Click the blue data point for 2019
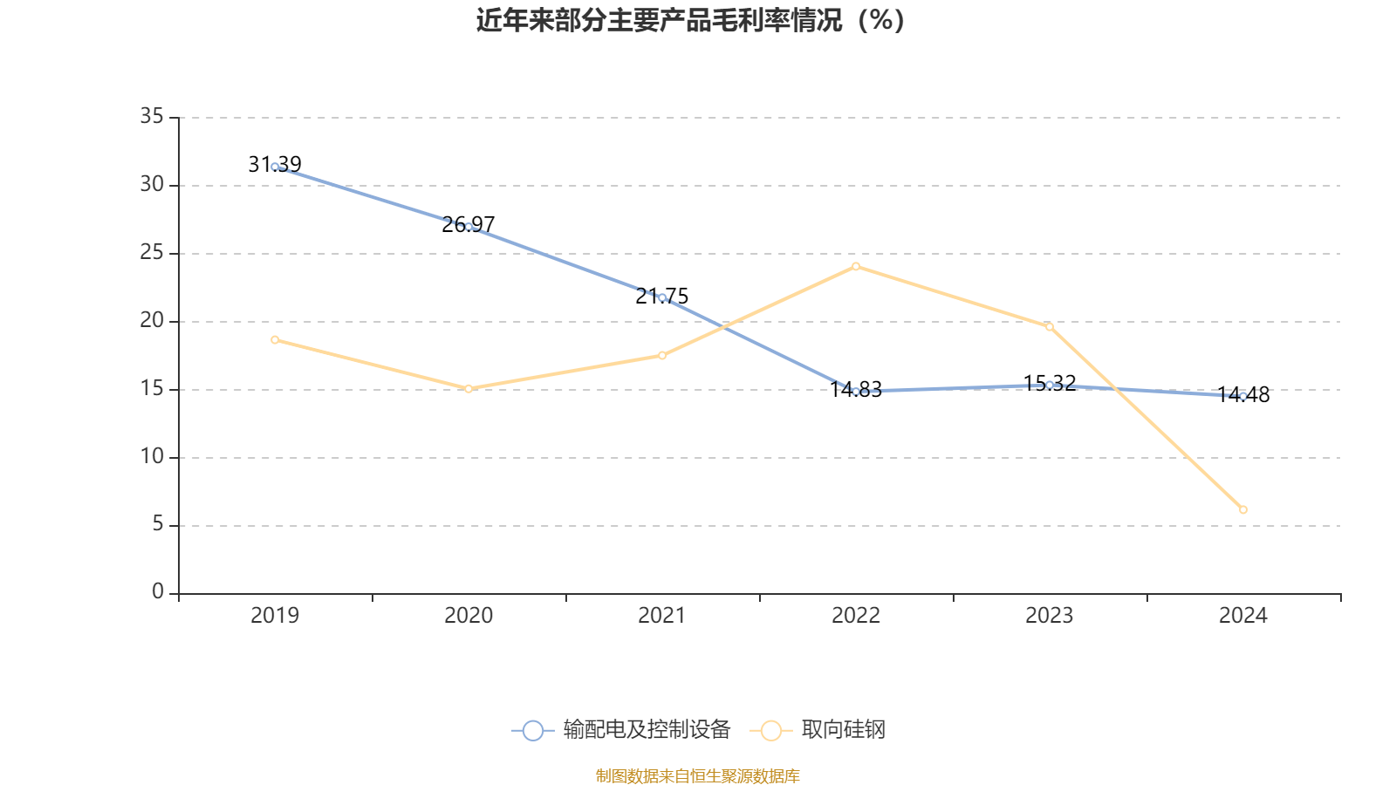point(275,167)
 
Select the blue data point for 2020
point(469,227)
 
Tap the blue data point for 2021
point(662,298)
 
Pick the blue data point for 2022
point(856,392)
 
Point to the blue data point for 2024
point(1243,396)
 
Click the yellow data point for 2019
point(275,339)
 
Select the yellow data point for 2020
point(469,388)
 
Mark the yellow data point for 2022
point(856,266)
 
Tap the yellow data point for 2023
point(1050,326)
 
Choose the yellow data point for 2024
point(1243,509)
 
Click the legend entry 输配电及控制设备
point(621,730)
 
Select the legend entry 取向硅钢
point(818,730)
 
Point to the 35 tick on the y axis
point(152,116)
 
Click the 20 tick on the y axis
point(152,320)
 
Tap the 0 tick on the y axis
point(157,592)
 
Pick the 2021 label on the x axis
point(662,616)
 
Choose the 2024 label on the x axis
point(1243,616)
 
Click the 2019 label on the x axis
point(275,616)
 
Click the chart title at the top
point(690,20)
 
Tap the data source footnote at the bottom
point(697,775)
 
